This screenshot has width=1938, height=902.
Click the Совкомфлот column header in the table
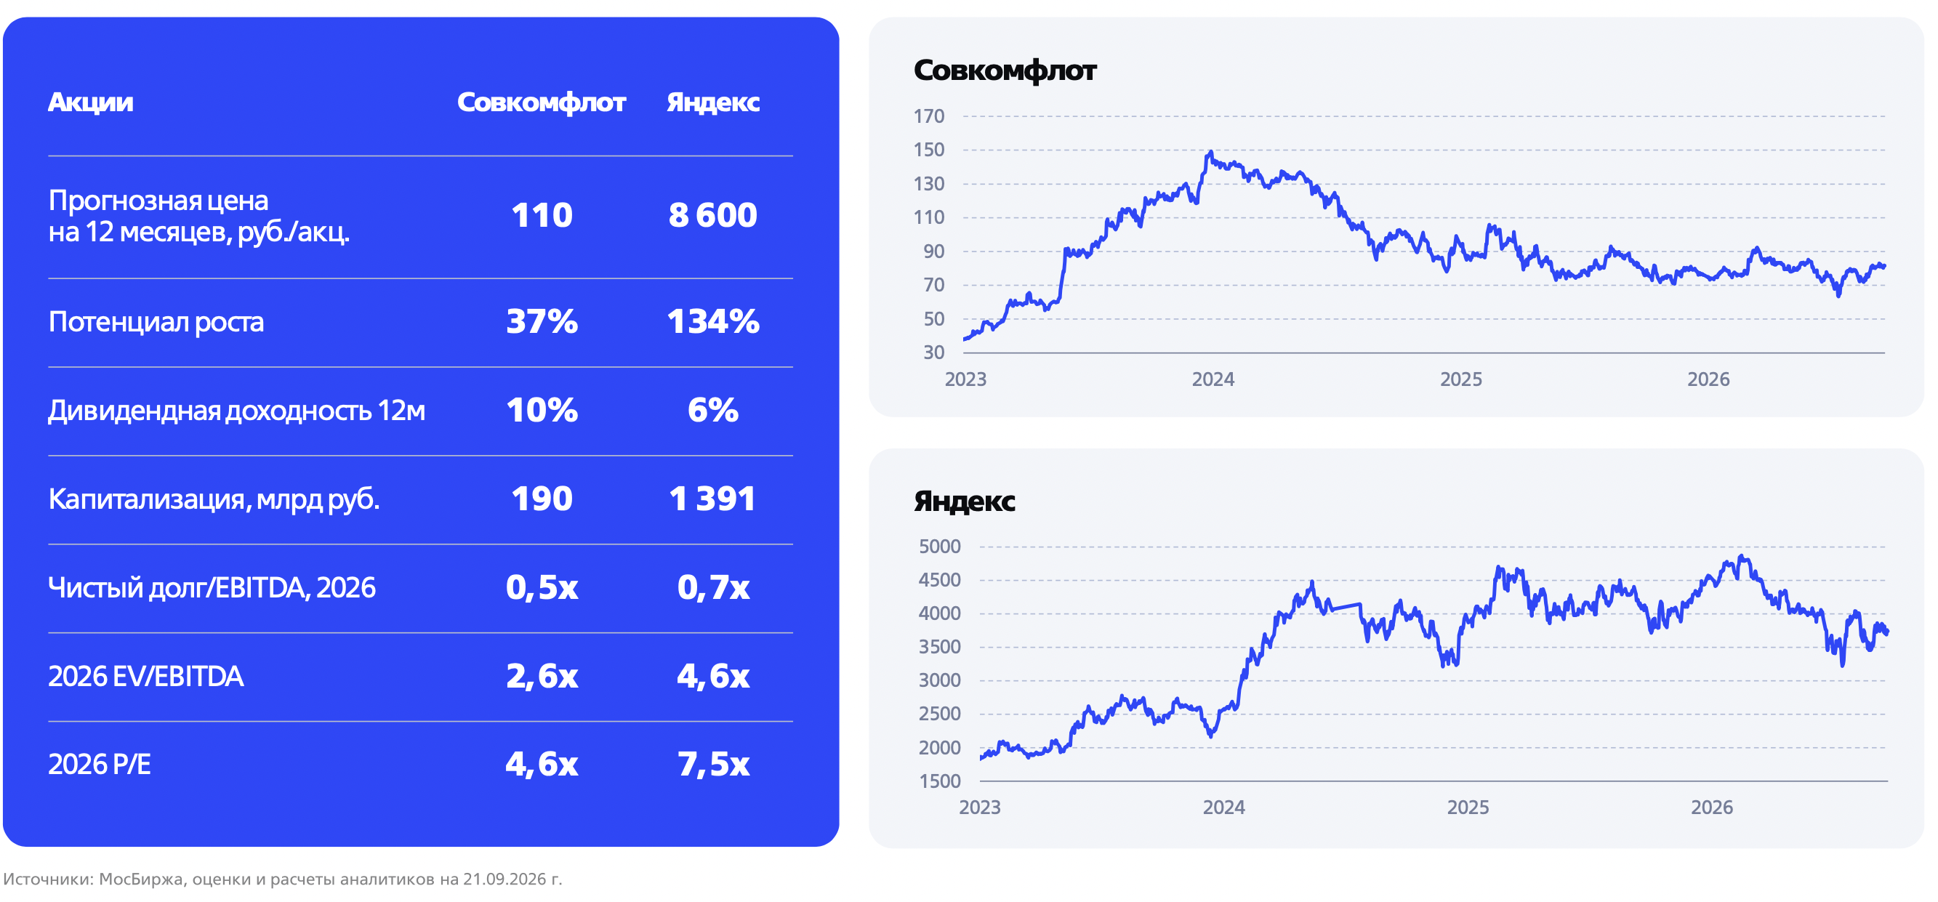[541, 102]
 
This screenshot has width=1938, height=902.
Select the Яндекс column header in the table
[713, 102]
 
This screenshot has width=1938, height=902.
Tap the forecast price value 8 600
[712, 215]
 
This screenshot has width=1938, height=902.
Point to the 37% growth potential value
[542, 321]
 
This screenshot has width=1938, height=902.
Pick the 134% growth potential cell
[713, 321]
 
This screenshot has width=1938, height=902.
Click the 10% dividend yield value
[542, 410]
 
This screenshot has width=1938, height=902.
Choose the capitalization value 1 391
[712, 499]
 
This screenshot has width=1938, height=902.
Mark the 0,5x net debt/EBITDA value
[542, 587]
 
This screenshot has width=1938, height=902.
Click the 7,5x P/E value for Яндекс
[713, 765]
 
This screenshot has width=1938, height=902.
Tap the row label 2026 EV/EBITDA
[146, 676]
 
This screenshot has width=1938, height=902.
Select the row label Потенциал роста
[156, 322]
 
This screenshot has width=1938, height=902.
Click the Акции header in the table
[90, 102]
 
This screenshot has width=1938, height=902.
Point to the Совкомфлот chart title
[1005, 71]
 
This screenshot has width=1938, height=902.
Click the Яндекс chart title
[965, 501]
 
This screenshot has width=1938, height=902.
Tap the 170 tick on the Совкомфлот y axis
[928, 116]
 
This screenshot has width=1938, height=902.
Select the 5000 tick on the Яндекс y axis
[939, 546]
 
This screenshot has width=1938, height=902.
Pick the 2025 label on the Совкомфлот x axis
[1460, 379]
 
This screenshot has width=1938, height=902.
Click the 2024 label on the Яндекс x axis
[1223, 808]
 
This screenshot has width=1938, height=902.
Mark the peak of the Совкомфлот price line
[1210, 152]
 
